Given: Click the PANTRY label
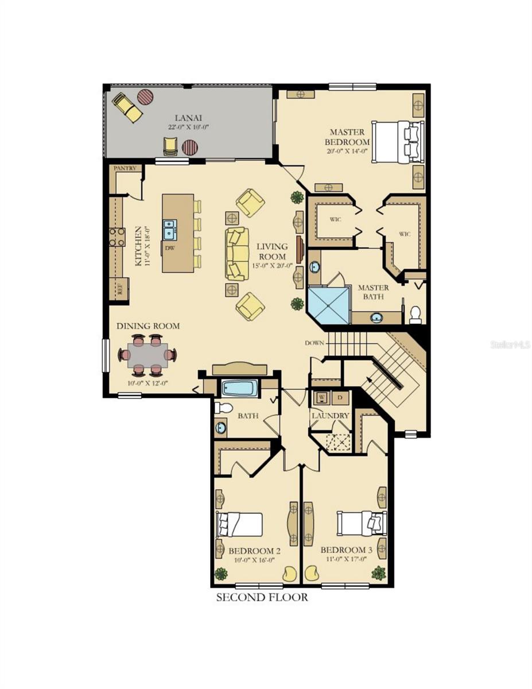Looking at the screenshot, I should coord(125,168).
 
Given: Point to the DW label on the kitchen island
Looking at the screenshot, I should coord(169,248).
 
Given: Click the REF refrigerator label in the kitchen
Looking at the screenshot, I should coord(121,289).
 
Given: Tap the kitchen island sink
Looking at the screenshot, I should coord(169,229).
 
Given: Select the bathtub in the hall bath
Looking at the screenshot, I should coord(239,388).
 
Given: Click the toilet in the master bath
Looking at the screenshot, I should coord(415,313).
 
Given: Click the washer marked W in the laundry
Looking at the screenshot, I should coord(321,397).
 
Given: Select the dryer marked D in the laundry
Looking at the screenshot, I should coord(340,397).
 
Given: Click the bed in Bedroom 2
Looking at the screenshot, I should coord(239,524).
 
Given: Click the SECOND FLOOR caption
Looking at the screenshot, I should coord(262,597).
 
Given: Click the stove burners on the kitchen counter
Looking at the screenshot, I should coord(117,237).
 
